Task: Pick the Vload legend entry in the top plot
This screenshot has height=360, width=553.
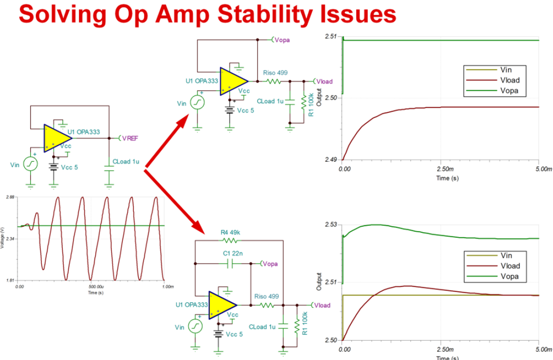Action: (510, 80)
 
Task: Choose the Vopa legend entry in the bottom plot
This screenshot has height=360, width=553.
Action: (510, 277)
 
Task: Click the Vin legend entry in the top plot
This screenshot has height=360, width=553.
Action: (506, 70)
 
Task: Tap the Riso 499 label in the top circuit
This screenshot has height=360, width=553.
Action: (275, 73)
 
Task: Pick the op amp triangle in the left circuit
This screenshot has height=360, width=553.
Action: (57, 138)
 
